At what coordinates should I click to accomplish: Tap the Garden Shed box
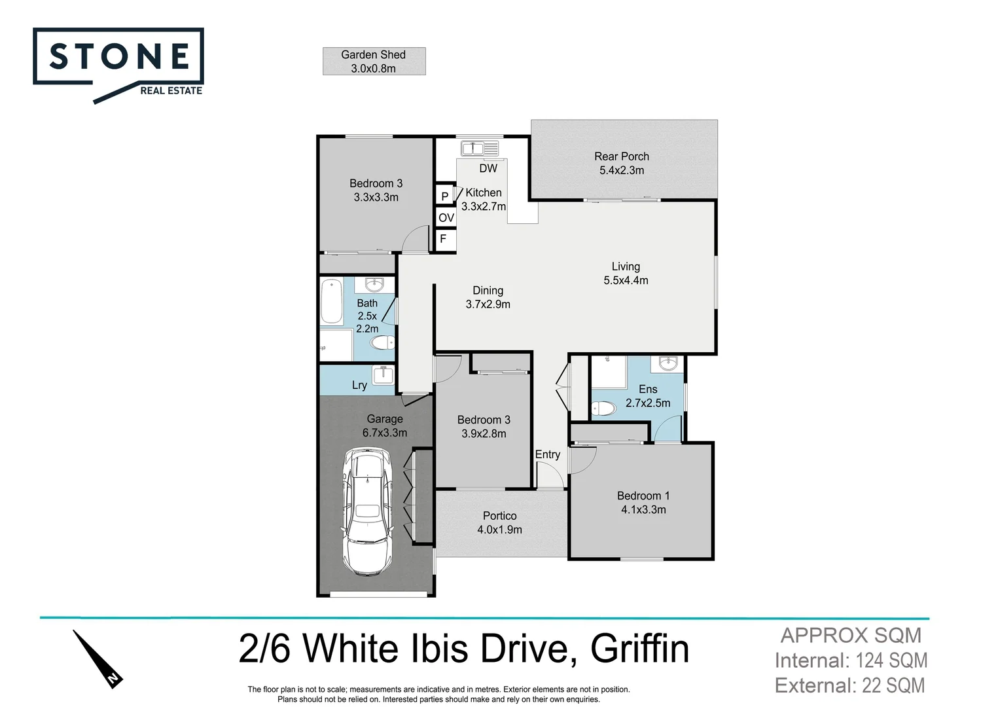click(374, 62)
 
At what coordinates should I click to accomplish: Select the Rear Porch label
click(622, 163)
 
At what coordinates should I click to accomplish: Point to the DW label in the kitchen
click(488, 168)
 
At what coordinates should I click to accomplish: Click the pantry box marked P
click(445, 196)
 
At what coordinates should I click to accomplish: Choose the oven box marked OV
click(446, 218)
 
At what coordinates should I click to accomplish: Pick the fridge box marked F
click(444, 240)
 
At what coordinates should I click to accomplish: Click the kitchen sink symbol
click(480, 149)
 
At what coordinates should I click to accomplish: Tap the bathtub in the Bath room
click(332, 302)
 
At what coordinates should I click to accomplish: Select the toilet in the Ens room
click(604, 409)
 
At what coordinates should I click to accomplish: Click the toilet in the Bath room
click(382, 342)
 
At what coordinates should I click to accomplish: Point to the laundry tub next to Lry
click(383, 376)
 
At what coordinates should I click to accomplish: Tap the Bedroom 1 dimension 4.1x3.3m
click(643, 510)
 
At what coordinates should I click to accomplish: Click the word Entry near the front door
click(548, 454)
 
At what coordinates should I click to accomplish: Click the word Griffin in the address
click(639, 649)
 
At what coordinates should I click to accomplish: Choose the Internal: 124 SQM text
click(851, 661)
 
